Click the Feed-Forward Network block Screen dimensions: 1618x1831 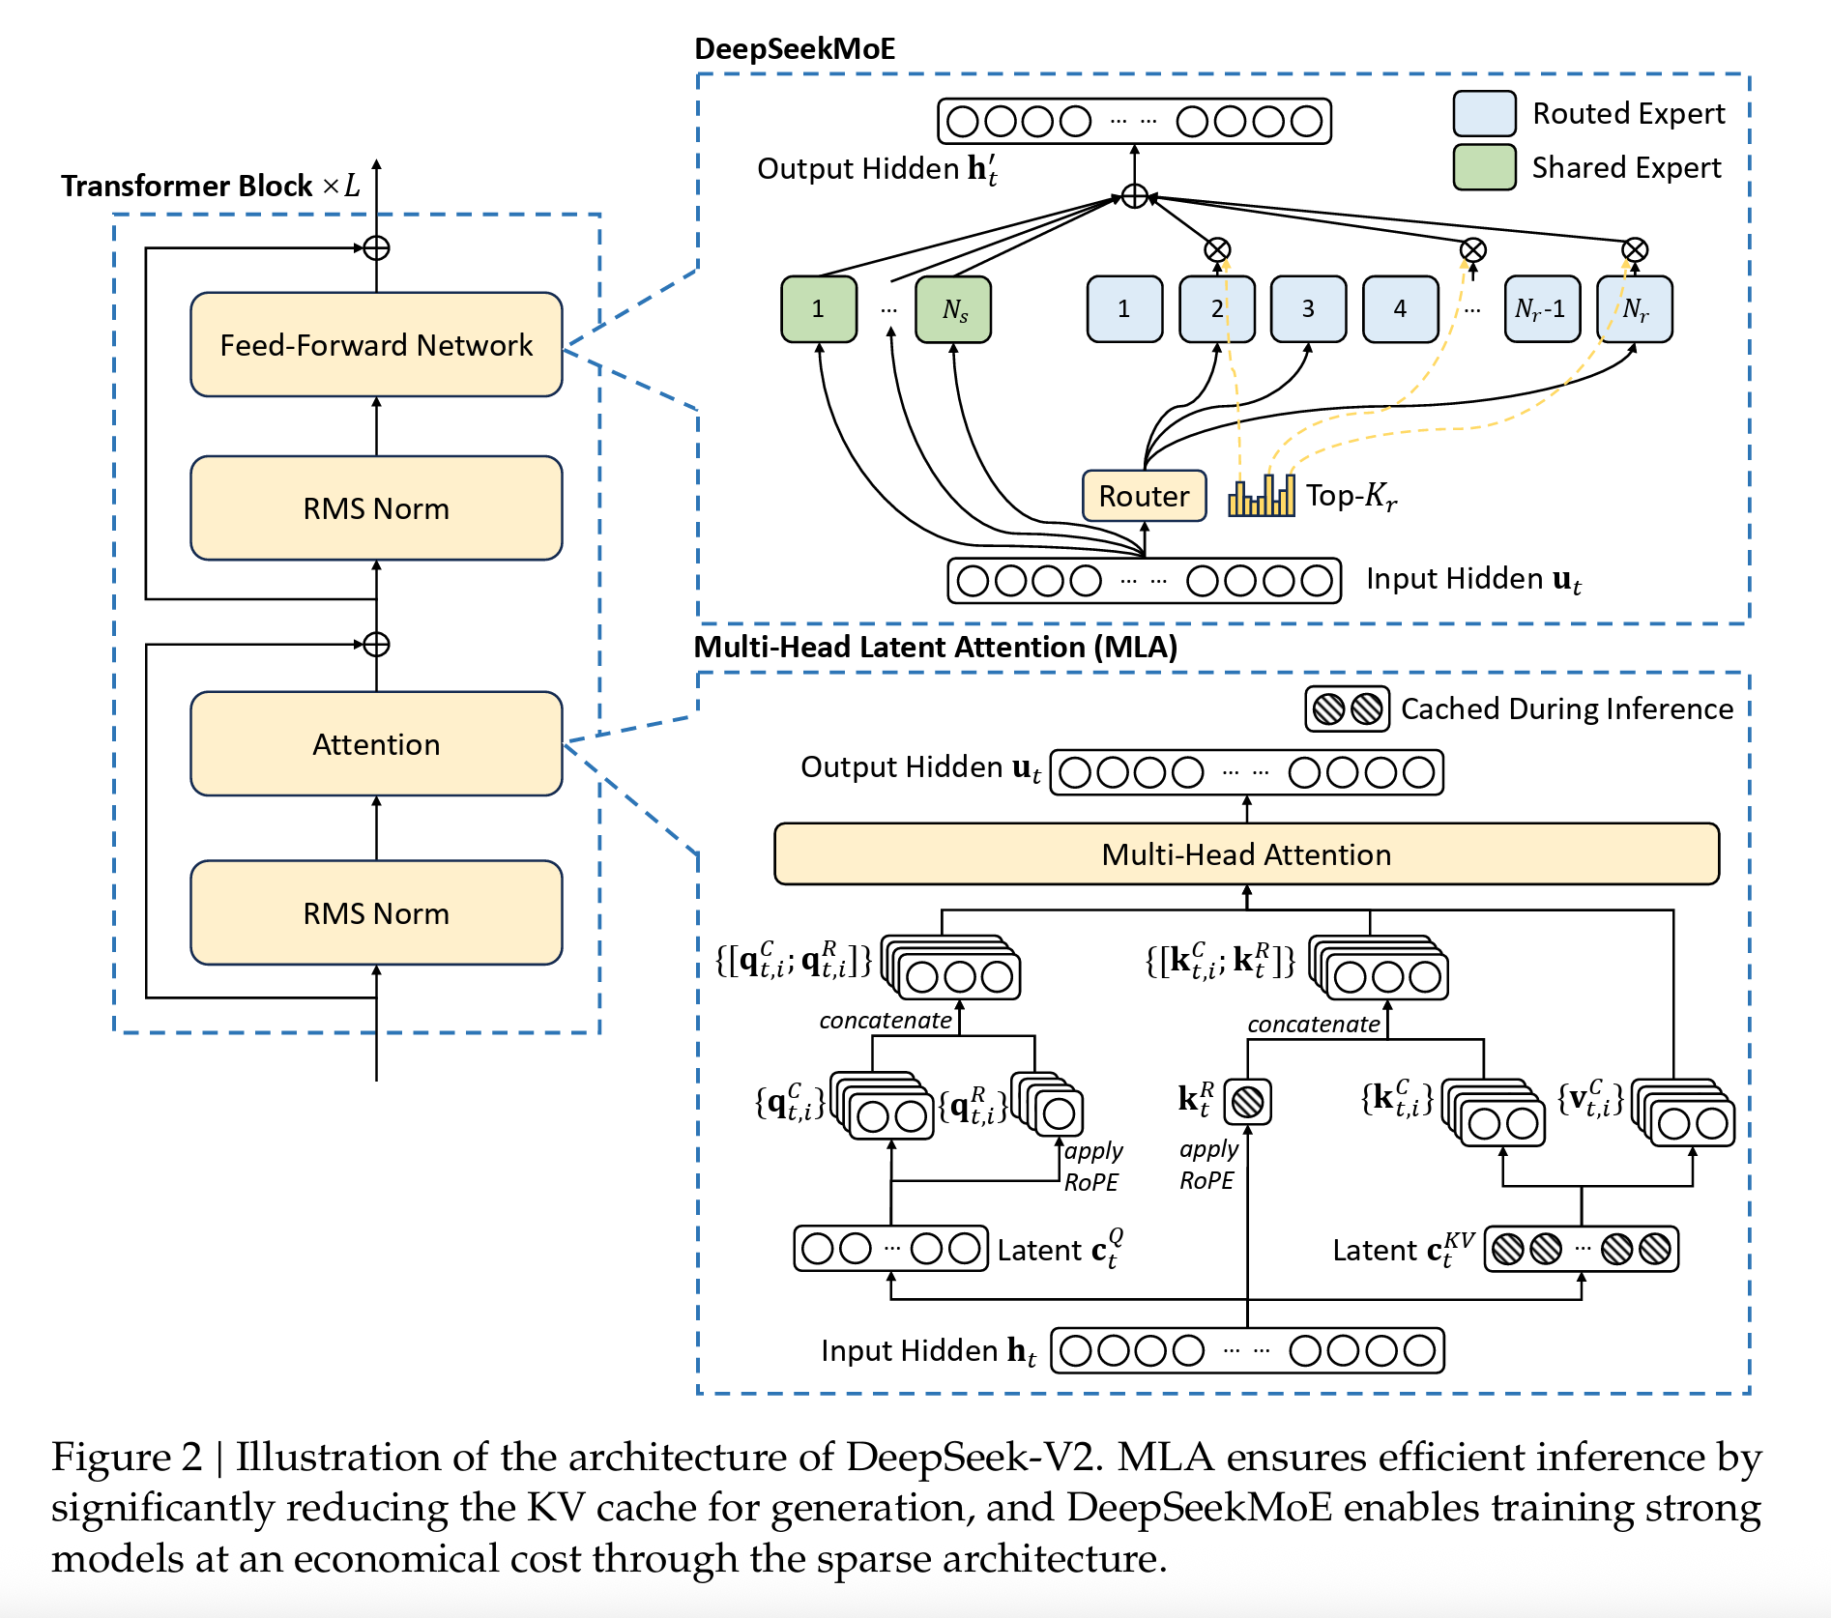(376, 345)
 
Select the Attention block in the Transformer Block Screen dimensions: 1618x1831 (376, 744)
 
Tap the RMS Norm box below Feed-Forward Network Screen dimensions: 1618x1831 (376, 508)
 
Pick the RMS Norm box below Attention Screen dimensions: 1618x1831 (376, 913)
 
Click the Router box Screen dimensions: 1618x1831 (1144, 496)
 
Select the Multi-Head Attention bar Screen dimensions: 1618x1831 (1246, 854)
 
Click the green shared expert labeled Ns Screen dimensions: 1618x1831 (953, 309)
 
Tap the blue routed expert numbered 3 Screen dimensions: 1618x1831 (1308, 309)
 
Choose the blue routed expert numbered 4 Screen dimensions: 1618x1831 (1400, 309)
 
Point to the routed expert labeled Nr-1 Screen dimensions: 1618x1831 (1542, 309)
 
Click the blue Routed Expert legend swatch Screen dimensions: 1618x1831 (1484, 114)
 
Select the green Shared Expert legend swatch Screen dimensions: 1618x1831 (1484, 167)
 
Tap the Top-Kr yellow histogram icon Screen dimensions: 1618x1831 (1262, 496)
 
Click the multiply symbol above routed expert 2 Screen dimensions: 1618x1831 (1217, 250)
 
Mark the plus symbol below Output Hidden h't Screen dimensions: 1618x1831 (1135, 196)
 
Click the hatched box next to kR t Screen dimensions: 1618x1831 (1247, 1102)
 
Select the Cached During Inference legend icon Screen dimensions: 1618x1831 (1347, 709)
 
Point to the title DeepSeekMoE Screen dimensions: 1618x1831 (795, 48)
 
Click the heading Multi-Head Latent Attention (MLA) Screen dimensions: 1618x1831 (936, 647)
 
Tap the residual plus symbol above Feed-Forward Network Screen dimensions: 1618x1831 (376, 248)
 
